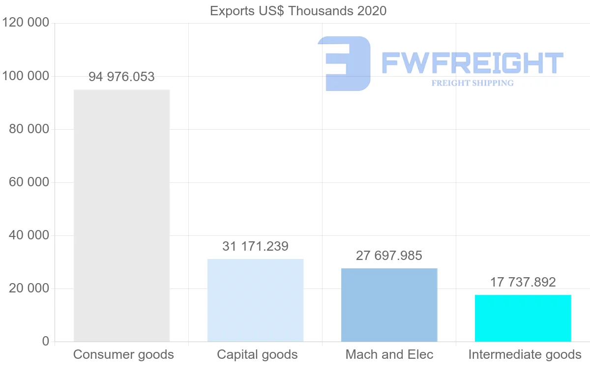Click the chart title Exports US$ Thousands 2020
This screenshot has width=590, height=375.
click(298, 11)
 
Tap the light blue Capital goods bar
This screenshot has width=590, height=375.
click(255, 300)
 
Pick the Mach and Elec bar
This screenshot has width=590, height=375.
click(389, 305)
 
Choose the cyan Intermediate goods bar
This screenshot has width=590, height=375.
click(523, 318)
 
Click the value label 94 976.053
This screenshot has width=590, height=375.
click(121, 77)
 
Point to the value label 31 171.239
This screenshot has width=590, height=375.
click(255, 246)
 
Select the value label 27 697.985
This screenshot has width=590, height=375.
click(389, 256)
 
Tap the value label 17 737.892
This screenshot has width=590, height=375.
click(523, 282)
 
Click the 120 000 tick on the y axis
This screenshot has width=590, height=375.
click(26, 23)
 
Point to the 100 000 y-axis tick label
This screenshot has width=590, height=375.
click(26, 76)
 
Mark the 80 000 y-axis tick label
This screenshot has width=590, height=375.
click(29, 129)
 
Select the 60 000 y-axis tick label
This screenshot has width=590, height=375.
click(29, 182)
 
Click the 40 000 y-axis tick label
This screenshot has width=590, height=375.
click(29, 235)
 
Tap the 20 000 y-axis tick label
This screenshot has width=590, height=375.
click(29, 288)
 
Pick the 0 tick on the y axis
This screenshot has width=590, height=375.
click(45, 342)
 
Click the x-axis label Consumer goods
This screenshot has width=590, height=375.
click(123, 354)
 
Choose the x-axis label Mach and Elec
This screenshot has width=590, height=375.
click(389, 354)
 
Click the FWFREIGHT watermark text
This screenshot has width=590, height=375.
click(472, 63)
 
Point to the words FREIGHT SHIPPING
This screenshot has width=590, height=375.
click(472, 83)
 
